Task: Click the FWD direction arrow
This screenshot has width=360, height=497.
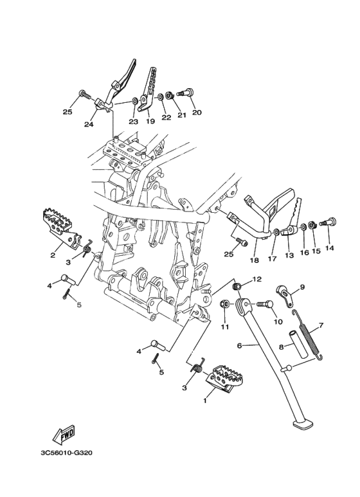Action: pos(64,434)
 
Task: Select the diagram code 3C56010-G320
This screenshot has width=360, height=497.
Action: pos(66,453)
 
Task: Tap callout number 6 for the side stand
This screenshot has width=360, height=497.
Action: pos(239,345)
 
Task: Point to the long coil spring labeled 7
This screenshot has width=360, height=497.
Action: pos(308,335)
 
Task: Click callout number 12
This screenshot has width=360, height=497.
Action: pos(257,279)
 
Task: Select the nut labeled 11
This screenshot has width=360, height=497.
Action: pos(224,303)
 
